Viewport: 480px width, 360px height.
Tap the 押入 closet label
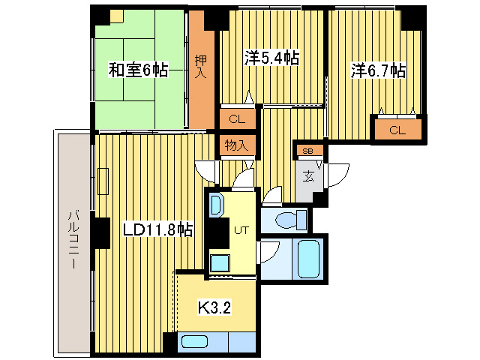point(200,67)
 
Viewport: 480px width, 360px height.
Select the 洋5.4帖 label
point(272,57)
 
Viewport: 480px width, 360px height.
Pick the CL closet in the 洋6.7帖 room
point(397,130)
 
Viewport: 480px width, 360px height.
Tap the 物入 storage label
point(237,145)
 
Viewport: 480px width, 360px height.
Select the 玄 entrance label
point(308,177)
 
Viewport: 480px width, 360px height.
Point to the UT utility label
point(241,229)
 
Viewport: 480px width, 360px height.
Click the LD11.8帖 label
point(157,229)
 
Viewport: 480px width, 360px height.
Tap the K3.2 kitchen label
point(214,306)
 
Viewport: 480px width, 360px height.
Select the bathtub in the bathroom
point(308,259)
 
